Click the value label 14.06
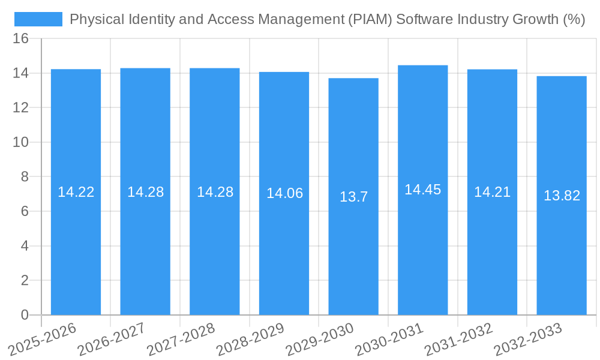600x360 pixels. (284, 193)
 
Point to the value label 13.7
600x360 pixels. (353, 197)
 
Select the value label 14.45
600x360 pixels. (422, 190)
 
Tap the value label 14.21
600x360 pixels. (492, 192)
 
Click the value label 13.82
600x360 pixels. (562, 196)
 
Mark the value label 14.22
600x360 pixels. (76, 192)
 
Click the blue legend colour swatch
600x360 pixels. (38, 19)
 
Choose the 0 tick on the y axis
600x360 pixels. (25, 315)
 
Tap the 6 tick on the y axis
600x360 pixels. (25, 211)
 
